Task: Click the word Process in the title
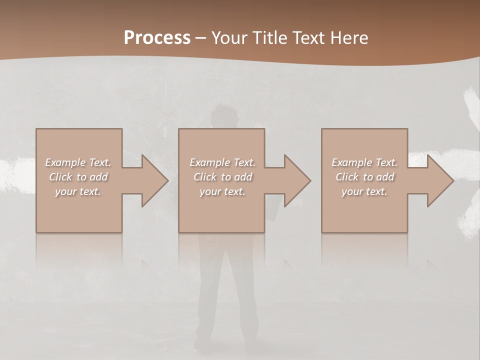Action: (x=157, y=38)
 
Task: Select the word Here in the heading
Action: (x=349, y=38)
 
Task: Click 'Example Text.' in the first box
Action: (x=78, y=162)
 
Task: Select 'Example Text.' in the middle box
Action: (x=222, y=162)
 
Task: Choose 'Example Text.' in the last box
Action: (x=364, y=162)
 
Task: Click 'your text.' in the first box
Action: (x=78, y=191)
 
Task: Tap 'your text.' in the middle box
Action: (x=222, y=191)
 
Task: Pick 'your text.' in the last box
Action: (x=364, y=191)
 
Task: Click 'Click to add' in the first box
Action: (x=78, y=177)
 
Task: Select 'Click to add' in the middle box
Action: (x=222, y=177)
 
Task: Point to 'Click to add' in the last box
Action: (x=364, y=177)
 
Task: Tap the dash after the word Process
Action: (x=200, y=38)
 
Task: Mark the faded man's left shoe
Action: (x=203, y=345)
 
